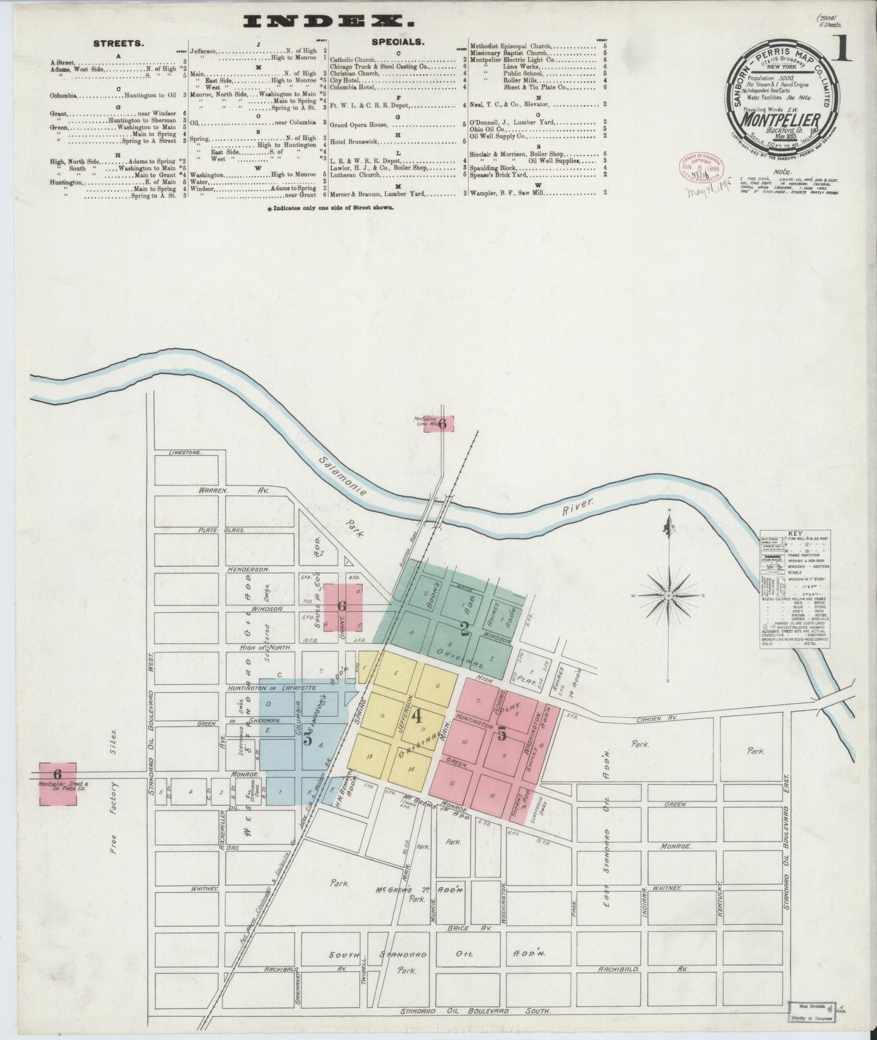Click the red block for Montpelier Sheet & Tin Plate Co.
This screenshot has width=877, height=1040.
[x=58, y=784]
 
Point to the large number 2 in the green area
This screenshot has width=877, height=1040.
[x=466, y=630]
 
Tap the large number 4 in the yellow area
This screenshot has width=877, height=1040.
[x=417, y=717]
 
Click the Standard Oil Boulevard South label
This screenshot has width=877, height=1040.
[x=476, y=1011]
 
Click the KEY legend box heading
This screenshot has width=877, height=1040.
[x=794, y=534]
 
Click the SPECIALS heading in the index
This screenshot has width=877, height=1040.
[x=398, y=43]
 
